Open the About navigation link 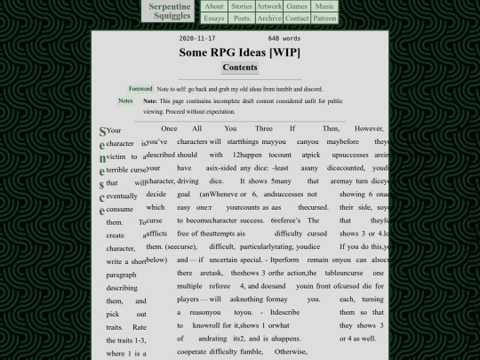coord(214,6)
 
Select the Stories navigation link coord(242,6)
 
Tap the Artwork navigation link coord(269,6)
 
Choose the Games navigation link coord(296,6)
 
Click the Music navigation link coord(324,6)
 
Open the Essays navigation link coord(214,18)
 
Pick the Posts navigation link coord(242,18)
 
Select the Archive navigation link coord(269,18)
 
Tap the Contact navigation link coord(297,18)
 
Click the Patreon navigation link coord(324,18)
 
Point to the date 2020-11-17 coord(197,39)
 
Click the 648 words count coord(284,39)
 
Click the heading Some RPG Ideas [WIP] coord(240,52)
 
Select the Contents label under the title coord(240,68)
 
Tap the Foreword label coord(140,89)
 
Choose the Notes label coord(126,101)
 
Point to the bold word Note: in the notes coord(150,101)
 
